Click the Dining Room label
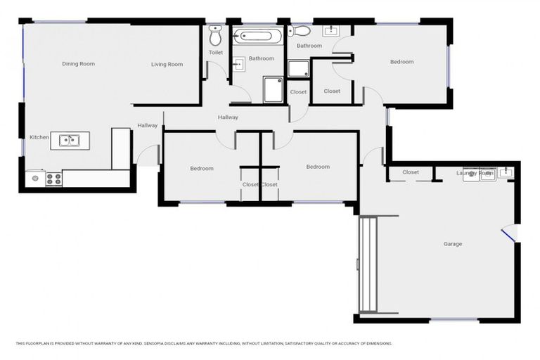pyautogui.click(x=78, y=64)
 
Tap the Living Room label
pyautogui.click(x=167, y=65)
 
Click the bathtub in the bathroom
pyautogui.click(x=258, y=36)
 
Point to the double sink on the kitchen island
pyautogui.click(x=69, y=141)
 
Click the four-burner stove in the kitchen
pyautogui.click(x=53, y=179)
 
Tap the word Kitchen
pyautogui.click(x=39, y=137)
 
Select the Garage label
pyautogui.click(x=452, y=244)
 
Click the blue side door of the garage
pyautogui.click(x=508, y=232)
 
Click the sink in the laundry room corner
pyautogui.click(x=506, y=172)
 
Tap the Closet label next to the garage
pyautogui.click(x=411, y=172)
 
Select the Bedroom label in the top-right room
pyautogui.click(x=401, y=62)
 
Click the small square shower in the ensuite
pyautogui.click(x=297, y=68)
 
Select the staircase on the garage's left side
pyautogui.click(x=369, y=264)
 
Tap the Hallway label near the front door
pyautogui.click(x=148, y=126)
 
